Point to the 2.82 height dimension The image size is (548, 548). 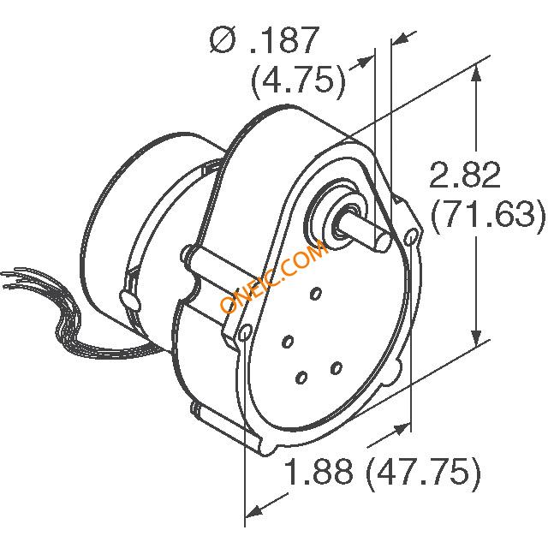(x=464, y=176)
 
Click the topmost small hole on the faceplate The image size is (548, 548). (x=317, y=294)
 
